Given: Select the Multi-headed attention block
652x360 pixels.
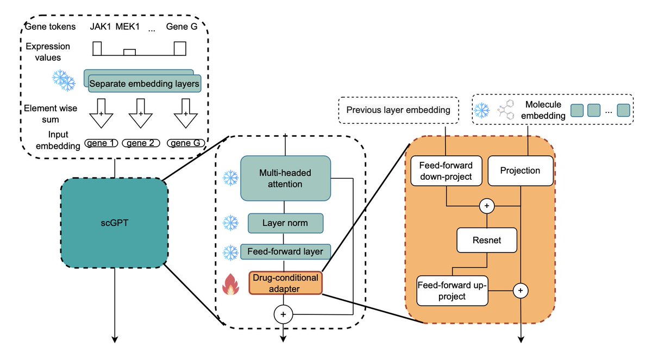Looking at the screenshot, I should click(285, 178).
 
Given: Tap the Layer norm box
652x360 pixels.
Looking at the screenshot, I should click(285, 223).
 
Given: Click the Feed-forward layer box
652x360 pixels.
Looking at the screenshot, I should click(285, 251).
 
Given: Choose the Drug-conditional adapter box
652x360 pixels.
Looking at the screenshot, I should click(285, 282).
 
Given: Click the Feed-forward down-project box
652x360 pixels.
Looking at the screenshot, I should click(446, 170).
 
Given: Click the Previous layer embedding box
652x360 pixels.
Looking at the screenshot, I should click(399, 110).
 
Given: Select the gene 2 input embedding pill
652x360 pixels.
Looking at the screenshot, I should click(140, 143).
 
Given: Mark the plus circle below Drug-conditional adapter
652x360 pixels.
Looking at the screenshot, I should click(283, 313).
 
